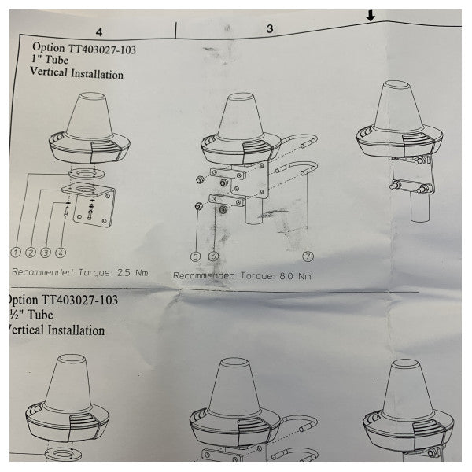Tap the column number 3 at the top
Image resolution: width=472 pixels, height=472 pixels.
point(269,28)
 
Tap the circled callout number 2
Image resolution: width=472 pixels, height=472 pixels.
point(31,253)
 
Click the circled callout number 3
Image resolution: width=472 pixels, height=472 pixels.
point(46,253)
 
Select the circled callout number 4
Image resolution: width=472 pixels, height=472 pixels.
point(61,253)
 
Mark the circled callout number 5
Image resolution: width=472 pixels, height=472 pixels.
point(196,256)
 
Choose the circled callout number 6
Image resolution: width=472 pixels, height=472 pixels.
point(213,256)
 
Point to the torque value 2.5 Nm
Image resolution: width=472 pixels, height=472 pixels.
point(131,274)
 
